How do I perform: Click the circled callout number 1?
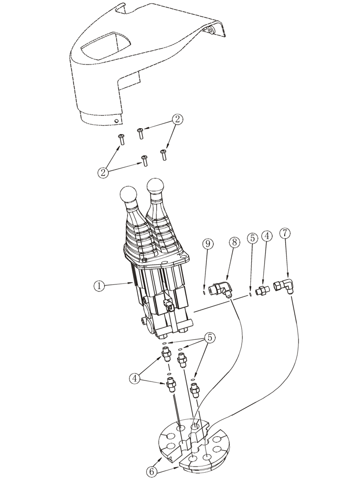click(98, 286)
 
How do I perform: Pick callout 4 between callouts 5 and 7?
click(267, 236)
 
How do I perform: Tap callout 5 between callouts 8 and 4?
click(253, 237)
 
